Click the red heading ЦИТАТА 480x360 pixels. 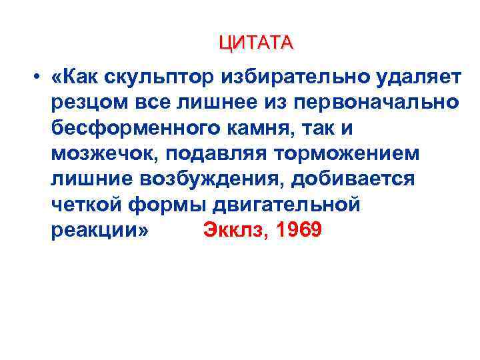(255, 43)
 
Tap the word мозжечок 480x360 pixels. (103, 154)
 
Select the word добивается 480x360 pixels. (361, 179)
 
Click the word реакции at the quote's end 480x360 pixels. (97, 230)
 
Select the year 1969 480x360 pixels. (300, 230)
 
